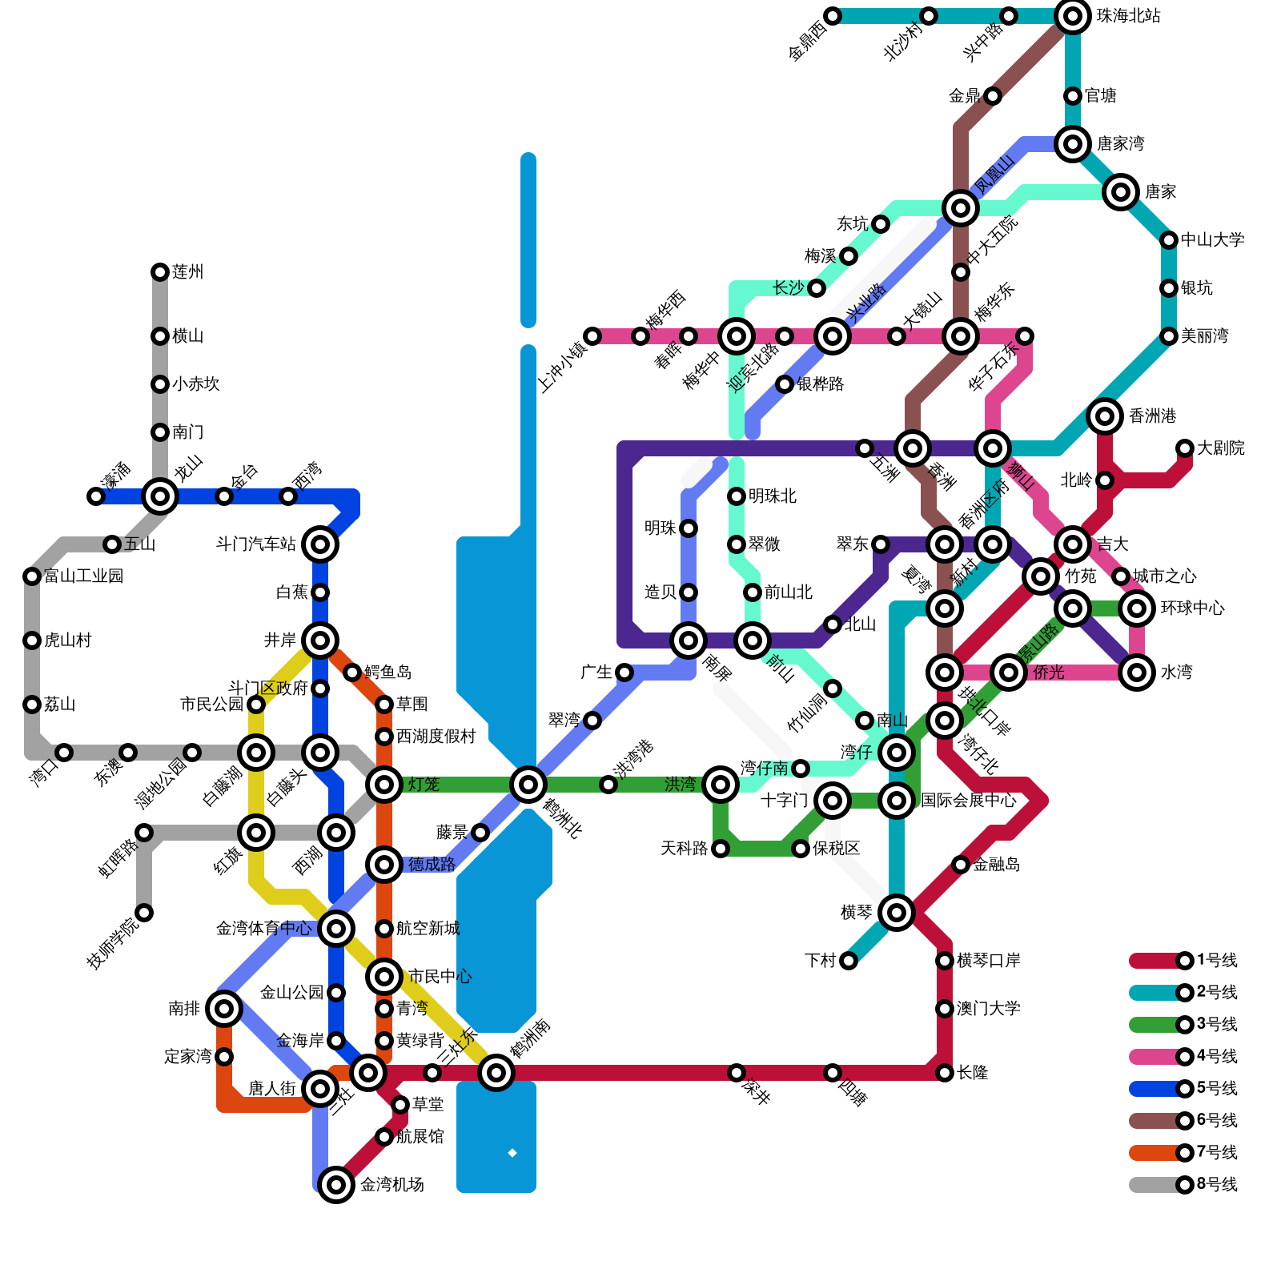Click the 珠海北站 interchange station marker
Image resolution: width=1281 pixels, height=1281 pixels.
(x=1073, y=16)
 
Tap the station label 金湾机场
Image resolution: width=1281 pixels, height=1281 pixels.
(x=392, y=1185)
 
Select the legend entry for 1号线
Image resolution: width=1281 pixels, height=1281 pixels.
(x=1185, y=961)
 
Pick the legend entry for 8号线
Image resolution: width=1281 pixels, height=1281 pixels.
(x=1185, y=1185)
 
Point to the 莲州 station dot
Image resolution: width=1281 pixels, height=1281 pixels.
(x=160, y=272)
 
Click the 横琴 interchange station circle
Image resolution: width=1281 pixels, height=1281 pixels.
(x=897, y=913)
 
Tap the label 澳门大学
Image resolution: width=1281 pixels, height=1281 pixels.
(x=988, y=1009)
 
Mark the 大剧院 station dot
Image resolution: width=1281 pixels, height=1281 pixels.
(x=1185, y=448)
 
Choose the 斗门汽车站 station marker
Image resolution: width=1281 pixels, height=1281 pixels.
(x=320, y=544)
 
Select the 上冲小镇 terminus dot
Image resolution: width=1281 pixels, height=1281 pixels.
(x=592, y=336)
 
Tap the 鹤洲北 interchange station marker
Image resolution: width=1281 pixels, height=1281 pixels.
(x=528, y=785)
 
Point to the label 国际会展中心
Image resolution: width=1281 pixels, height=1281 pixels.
(x=968, y=801)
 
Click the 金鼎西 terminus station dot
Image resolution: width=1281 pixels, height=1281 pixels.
(x=833, y=16)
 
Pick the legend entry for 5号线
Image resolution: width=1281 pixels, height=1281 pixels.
(x=1185, y=1089)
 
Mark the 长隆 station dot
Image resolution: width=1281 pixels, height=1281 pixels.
(x=945, y=1073)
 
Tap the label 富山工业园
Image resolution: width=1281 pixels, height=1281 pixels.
(x=83, y=576)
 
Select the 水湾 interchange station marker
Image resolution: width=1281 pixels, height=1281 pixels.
(x=1137, y=673)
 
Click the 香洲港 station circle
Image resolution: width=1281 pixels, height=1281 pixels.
(x=1105, y=416)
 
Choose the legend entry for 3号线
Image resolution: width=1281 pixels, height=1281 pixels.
(x=1185, y=1025)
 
